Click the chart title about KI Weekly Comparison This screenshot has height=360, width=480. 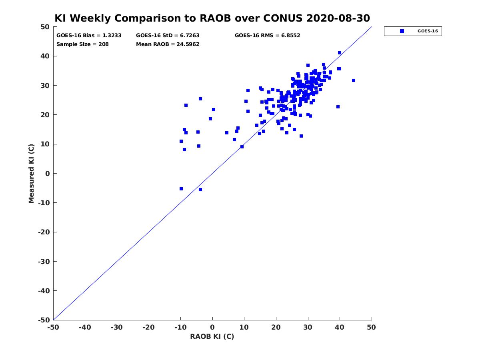[x=212, y=18]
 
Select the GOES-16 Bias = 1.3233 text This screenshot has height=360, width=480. [x=89, y=36]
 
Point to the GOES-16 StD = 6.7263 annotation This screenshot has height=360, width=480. [x=168, y=36]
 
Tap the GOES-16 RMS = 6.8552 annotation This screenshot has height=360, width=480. [x=267, y=36]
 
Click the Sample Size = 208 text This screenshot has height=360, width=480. [x=82, y=44]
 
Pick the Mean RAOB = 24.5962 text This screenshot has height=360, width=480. [x=168, y=44]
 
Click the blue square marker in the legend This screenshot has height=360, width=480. [x=402, y=31]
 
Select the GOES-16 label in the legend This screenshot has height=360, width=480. [x=428, y=31]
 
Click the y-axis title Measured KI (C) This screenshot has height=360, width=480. [x=31, y=173]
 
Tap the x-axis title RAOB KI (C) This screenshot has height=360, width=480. [x=212, y=336]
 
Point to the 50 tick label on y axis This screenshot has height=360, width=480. [x=45, y=27]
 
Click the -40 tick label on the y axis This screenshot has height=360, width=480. [x=44, y=291]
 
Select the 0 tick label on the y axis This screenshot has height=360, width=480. [x=48, y=174]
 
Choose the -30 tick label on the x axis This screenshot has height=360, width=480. [x=116, y=327]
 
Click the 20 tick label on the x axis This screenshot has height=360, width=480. [x=276, y=327]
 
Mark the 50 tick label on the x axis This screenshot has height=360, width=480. [x=371, y=327]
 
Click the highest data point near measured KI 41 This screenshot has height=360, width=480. [x=339, y=53]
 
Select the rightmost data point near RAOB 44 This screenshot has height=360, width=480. [x=353, y=80]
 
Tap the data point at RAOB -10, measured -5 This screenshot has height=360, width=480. [x=181, y=189]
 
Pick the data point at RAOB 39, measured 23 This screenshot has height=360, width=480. [x=338, y=107]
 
